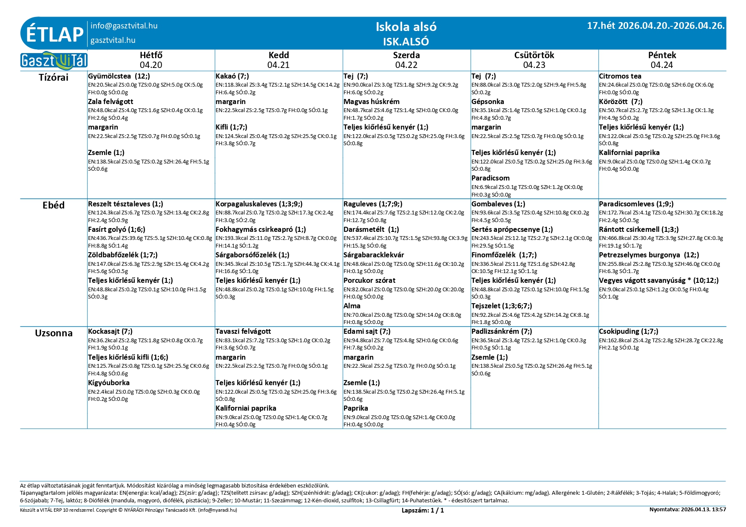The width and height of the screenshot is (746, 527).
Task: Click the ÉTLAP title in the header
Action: (54, 34)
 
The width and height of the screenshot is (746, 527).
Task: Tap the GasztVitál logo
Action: (54, 61)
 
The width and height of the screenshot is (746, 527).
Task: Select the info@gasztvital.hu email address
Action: (124, 26)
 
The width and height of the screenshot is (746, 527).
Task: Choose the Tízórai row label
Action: (54, 77)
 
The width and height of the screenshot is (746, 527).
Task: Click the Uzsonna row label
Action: (54, 333)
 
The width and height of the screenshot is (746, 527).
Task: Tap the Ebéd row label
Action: (54, 205)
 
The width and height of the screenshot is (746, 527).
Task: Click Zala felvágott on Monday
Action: (110, 102)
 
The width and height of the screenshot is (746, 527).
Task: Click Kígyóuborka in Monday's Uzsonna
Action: (108, 383)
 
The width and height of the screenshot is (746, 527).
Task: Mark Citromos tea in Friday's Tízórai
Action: (620, 76)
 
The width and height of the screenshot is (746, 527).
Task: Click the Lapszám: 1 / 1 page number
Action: (423, 510)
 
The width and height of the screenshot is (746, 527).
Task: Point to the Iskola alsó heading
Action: (406, 27)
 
